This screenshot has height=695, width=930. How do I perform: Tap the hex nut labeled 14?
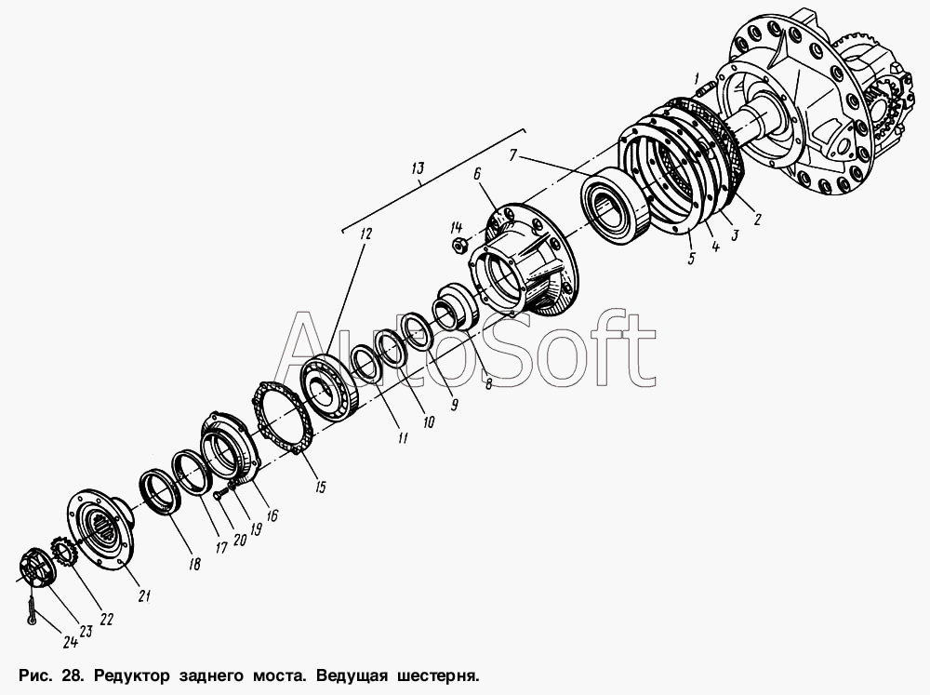(458, 244)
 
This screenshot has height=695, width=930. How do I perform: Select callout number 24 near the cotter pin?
(71, 641)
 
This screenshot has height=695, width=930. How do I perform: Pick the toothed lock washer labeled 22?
(64, 551)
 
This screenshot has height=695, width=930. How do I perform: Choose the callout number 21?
(145, 595)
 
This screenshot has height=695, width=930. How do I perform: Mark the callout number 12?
(365, 234)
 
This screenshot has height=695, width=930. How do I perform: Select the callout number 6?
(477, 173)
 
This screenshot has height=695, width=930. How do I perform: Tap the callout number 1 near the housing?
(697, 77)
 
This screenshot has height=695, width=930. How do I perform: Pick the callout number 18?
(194, 564)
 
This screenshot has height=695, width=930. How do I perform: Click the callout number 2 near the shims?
(757, 219)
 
